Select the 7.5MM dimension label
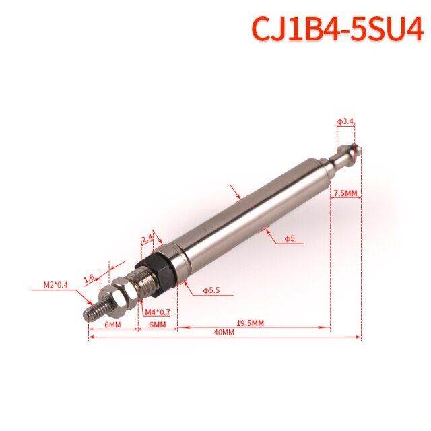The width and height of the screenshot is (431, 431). [341, 193]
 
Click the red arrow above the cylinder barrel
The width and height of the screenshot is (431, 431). [235, 191]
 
